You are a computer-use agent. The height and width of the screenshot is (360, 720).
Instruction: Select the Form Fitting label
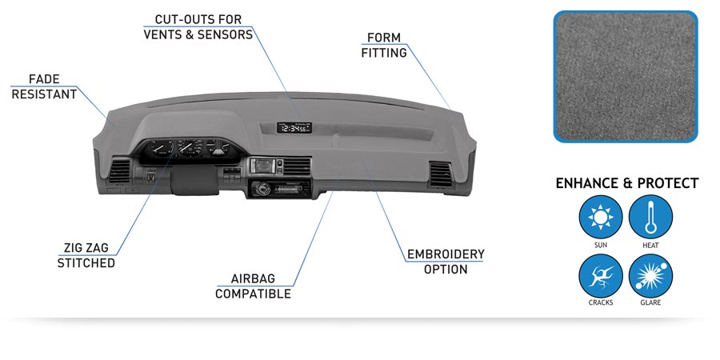[x=384, y=46]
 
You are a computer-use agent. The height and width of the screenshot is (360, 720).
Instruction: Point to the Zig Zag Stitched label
[x=86, y=255]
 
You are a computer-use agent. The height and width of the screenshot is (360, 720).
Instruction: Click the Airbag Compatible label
[x=253, y=286]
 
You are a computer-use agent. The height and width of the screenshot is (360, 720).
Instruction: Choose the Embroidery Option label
[x=446, y=262]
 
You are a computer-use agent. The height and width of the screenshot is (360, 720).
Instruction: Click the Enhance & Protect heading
[x=626, y=183]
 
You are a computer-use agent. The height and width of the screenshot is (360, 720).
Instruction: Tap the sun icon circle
[x=600, y=216]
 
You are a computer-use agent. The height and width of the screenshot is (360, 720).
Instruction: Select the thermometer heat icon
[x=650, y=216]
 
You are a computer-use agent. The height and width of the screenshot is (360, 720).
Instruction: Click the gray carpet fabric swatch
[x=625, y=76]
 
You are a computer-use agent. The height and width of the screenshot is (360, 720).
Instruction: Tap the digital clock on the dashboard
[x=294, y=127]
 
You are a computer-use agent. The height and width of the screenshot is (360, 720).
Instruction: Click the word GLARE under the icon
[x=650, y=303]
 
